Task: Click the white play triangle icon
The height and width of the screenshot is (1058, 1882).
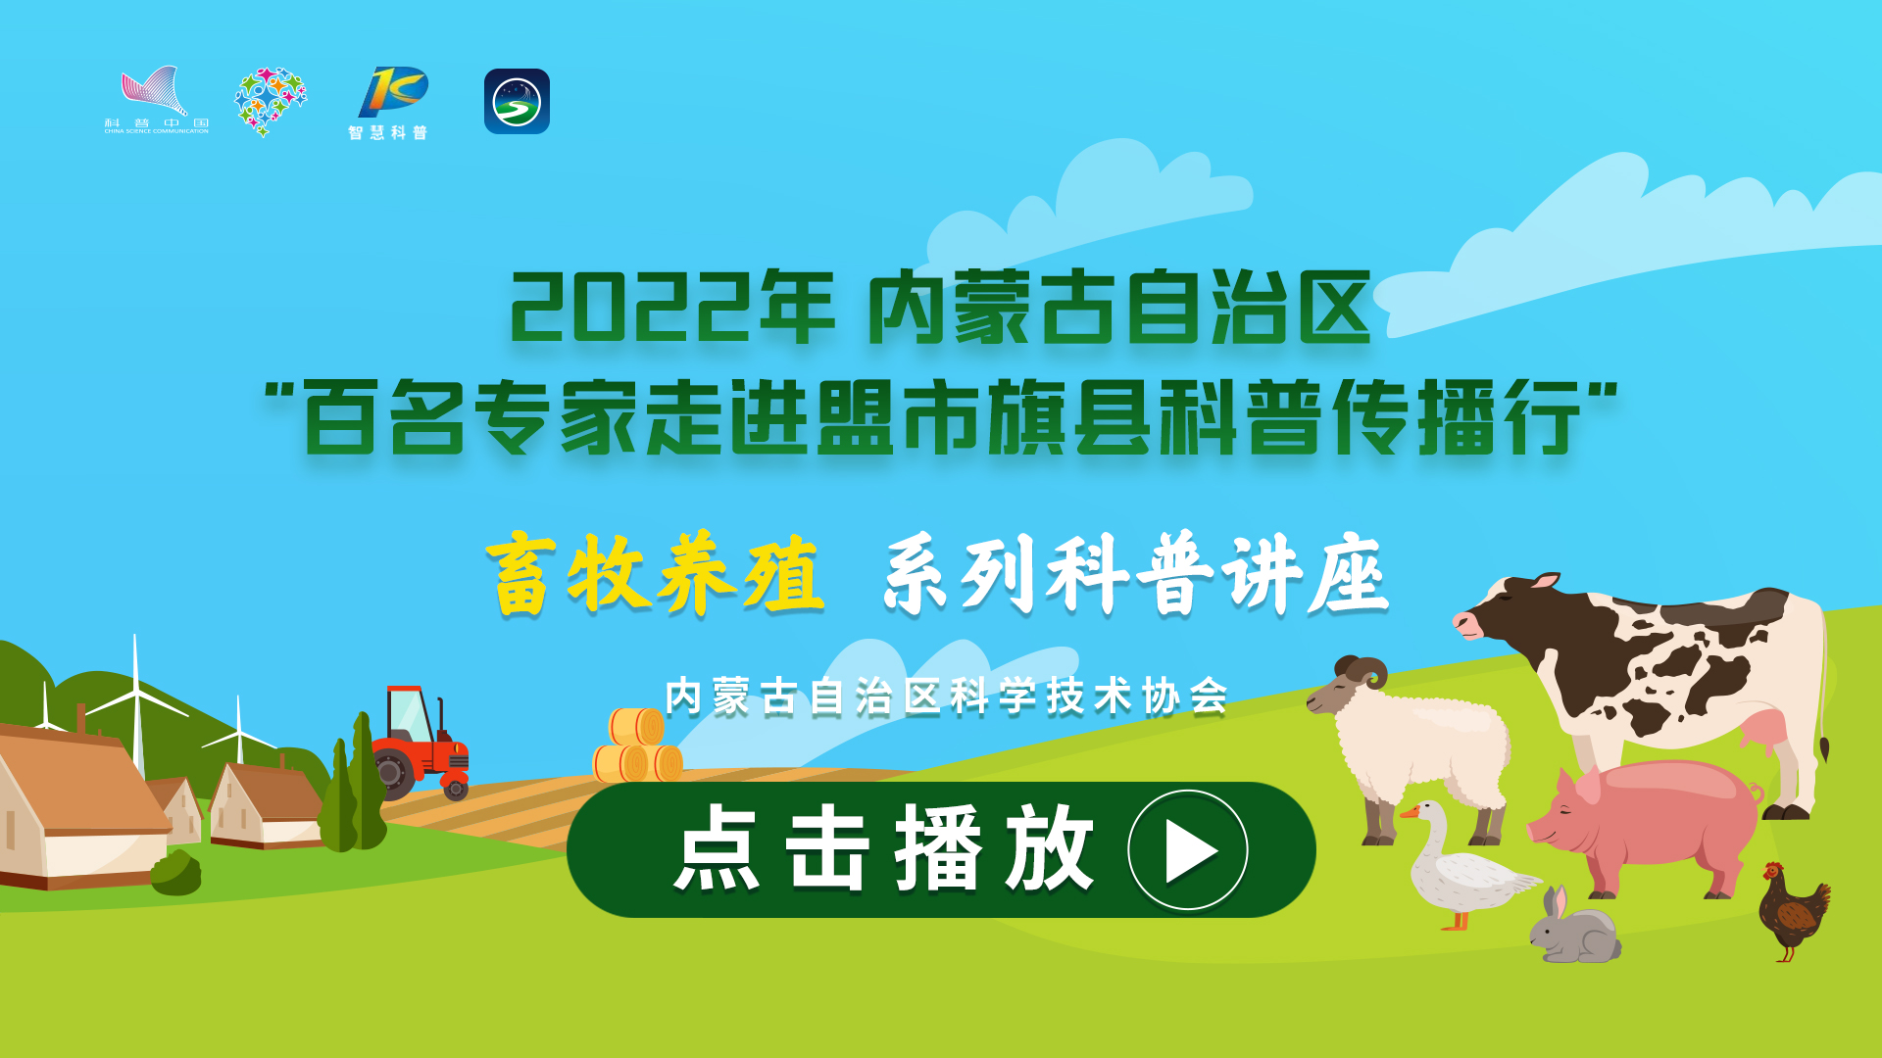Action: [x=1188, y=850]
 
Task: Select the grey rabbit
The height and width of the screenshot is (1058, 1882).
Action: [x=1574, y=926]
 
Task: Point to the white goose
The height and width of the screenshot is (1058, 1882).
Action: [x=1463, y=866]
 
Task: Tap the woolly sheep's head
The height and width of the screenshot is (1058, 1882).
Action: [x=1348, y=685]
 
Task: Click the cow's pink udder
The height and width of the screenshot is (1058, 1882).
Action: [x=1765, y=734]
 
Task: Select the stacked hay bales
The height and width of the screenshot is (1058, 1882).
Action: [x=638, y=745]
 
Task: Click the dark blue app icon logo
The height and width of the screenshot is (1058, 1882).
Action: [x=517, y=101]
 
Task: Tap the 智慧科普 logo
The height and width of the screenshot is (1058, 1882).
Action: [x=390, y=104]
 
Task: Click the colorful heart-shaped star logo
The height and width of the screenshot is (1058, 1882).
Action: [x=270, y=101]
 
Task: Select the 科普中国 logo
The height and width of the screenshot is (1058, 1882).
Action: [x=156, y=100]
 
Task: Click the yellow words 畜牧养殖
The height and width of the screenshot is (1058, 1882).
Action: [x=656, y=574]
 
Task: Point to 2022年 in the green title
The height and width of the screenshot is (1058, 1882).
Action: [x=671, y=307]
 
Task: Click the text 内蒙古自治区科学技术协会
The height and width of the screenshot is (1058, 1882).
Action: [x=947, y=697]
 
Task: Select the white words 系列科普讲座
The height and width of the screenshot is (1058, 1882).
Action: [x=1136, y=574]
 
